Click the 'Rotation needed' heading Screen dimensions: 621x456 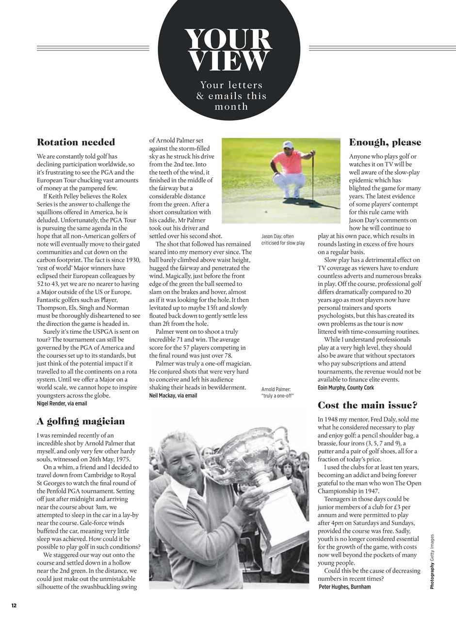(x=76, y=142)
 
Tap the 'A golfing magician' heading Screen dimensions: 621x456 (x=81, y=421)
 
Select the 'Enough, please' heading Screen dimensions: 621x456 (x=385, y=142)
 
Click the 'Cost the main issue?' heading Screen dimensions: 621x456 (x=367, y=405)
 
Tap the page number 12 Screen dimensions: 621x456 (x=14, y=605)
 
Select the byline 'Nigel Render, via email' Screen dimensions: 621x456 (x=62, y=403)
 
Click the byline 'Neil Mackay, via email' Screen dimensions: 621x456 (x=173, y=395)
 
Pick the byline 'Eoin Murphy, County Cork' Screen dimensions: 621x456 (x=346, y=388)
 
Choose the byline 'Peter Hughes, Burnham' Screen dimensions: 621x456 (x=345, y=587)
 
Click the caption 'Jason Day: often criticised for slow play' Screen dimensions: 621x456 (x=283, y=240)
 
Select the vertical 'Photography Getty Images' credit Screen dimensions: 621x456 (x=432, y=562)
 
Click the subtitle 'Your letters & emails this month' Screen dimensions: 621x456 (x=231, y=96)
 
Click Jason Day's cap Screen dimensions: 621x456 (x=288, y=144)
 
